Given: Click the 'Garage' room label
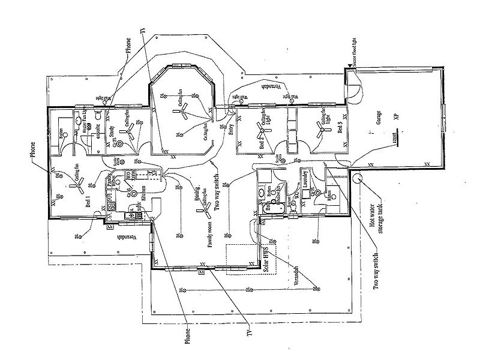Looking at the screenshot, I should coord(379,121).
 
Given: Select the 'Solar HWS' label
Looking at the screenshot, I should coord(263,260).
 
